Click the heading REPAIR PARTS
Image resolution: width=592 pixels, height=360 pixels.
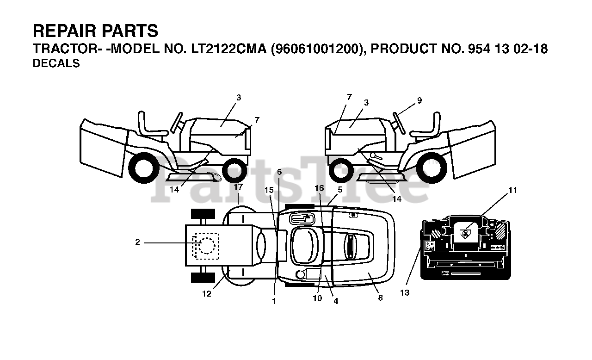pos(95,31)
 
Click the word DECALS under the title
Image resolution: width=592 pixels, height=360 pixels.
pos(56,64)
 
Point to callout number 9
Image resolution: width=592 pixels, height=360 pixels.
pos(419,100)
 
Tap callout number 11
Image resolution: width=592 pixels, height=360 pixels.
pos(512,190)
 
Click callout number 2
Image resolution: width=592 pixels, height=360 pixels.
pos(137,242)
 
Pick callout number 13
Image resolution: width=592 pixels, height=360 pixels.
pos(405,293)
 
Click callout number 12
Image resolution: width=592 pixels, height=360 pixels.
pos(206,294)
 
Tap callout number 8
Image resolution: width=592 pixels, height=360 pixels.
pos(380,298)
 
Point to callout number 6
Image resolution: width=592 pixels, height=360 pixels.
pos(279,172)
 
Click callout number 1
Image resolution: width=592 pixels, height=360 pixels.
pos(274,301)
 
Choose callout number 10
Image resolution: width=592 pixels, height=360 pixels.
pos(317,298)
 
